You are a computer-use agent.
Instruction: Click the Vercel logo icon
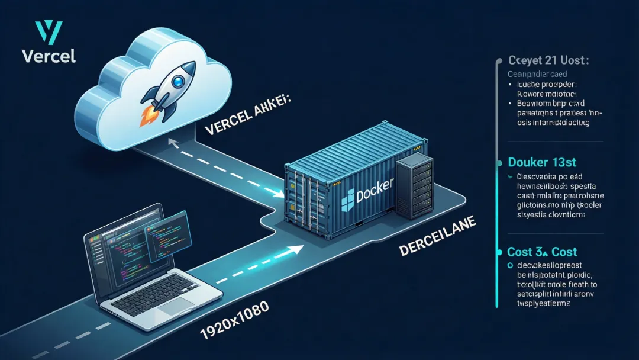49,33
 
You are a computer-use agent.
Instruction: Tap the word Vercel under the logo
49,56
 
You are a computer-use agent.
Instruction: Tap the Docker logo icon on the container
347,198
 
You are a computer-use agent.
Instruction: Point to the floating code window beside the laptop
167,236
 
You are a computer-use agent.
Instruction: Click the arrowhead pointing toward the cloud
172,142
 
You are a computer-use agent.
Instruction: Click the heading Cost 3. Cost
542,252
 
